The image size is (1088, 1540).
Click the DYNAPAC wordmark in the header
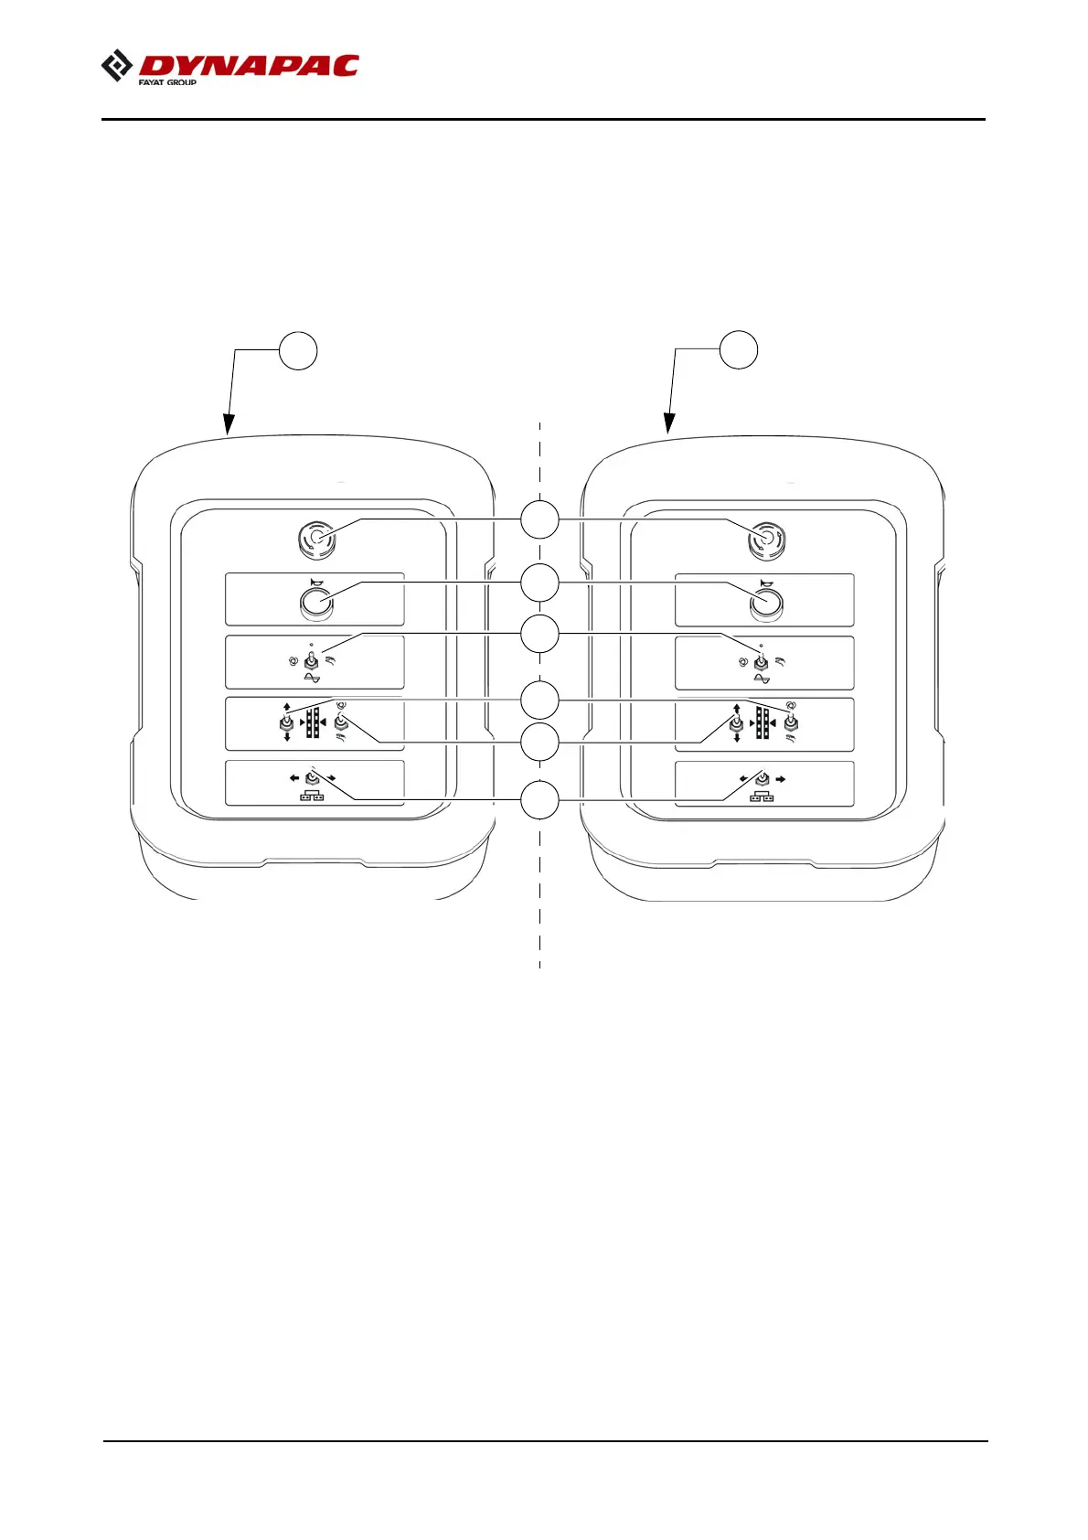[249, 66]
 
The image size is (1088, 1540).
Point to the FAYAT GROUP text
[167, 82]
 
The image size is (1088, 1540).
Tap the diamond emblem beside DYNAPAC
[116, 67]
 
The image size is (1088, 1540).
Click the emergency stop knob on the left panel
[316, 540]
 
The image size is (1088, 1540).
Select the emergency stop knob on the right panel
[766, 540]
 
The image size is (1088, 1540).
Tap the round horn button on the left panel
[316, 603]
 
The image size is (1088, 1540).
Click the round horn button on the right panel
[766, 603]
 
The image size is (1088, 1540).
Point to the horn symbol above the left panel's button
[316, 581]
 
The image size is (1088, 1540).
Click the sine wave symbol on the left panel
[312, 679]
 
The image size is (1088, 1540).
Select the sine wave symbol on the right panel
[762, 679]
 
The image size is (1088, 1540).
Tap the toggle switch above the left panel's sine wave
[312, 660]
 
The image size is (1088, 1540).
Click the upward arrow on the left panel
[287, 707]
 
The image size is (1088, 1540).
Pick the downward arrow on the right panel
[737, 738]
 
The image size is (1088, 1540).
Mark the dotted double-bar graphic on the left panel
[313, 722]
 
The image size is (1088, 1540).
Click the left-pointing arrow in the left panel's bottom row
[294, 778]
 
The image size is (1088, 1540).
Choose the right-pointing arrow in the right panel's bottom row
[782, 779]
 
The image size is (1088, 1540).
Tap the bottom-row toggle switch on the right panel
[762, 778]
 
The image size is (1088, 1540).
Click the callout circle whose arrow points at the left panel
[298, 351]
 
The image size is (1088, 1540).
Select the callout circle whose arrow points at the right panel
[739, 350]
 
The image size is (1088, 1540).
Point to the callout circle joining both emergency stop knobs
[539, 519]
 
